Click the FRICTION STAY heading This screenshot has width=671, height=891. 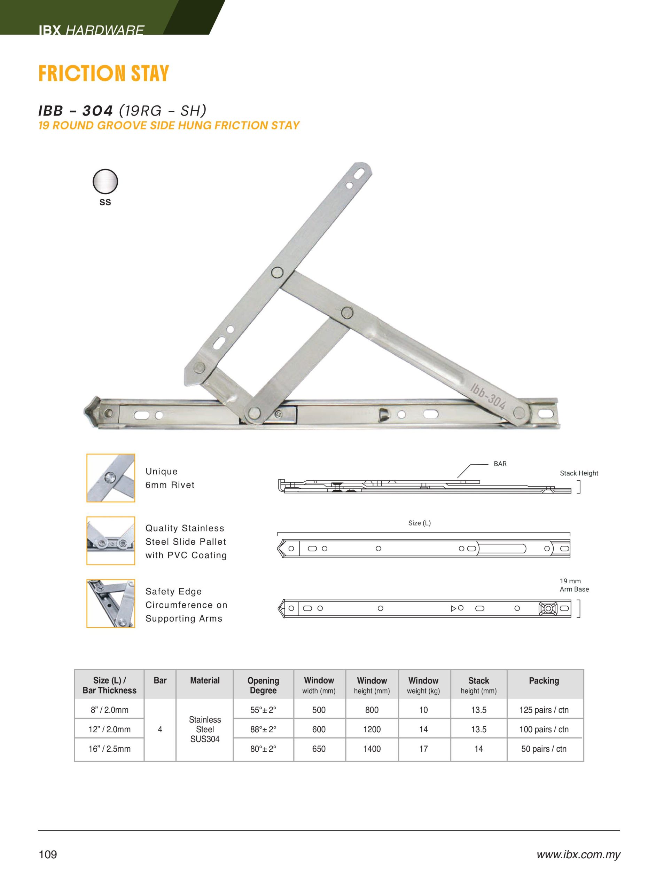103,74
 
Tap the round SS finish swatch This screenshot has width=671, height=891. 105,182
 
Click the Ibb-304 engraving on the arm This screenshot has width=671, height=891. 487,396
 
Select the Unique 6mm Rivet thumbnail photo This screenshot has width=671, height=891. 110,478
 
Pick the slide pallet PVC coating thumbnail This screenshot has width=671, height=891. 110,541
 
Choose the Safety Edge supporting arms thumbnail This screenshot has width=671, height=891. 110,604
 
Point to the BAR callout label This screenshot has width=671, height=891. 500,464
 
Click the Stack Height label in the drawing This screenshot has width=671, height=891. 579,473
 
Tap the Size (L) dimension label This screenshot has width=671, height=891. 419,523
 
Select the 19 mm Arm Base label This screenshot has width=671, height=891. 574,585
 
